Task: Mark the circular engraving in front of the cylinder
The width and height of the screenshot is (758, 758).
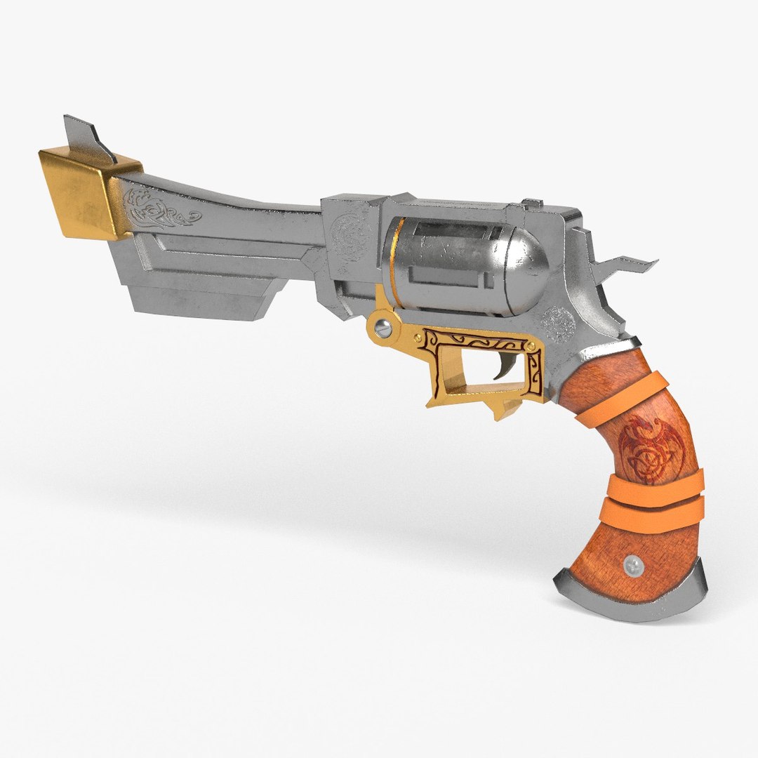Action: click(x=349, y=228)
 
